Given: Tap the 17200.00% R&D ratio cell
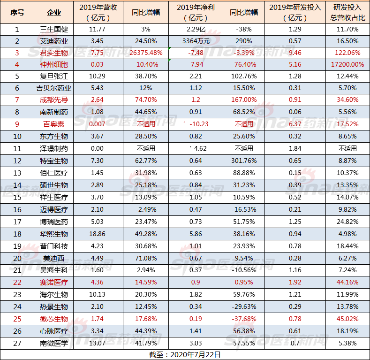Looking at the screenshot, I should [x=347, y=64].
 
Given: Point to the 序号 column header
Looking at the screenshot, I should [x=17, y=12].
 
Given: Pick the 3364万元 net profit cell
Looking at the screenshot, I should [x=194, y=41].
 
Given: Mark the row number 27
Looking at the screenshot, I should [x=17, y=343].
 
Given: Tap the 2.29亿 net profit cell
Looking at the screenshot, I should [x=194, y=29].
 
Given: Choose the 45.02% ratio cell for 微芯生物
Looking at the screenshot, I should [x=347, y=319].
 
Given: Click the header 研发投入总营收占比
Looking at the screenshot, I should [x=347, y=12].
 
